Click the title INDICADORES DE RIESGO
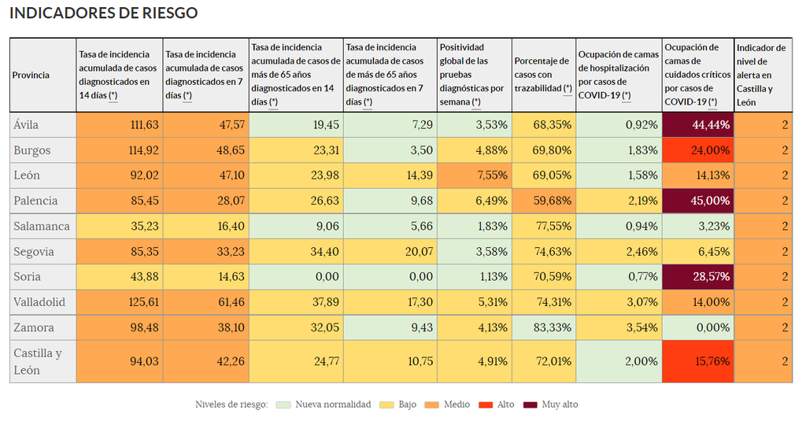[x=103, y=13]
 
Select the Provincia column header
[x=31, y=76]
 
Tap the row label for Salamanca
[x=42, y=226]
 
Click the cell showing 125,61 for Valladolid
[x=120, y=301]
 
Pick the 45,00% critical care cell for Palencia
[x=698, y=201]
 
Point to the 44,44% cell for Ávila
[x=698, y=125]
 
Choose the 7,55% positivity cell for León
[x=474, y=175]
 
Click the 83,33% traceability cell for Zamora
[x=543, y=327]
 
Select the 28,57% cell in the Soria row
[x=698, y=276]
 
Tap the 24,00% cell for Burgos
[x=698, y=150]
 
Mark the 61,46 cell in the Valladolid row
[x=205, y=301]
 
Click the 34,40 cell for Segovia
[x=296, y=251]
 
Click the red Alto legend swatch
[x=486, y=404]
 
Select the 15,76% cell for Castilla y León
[x=698, y=361]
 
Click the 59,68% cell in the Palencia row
[x=543, y=201]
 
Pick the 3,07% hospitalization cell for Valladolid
[x=619, y=301]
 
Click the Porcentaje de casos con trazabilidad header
[x=542, y=75]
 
